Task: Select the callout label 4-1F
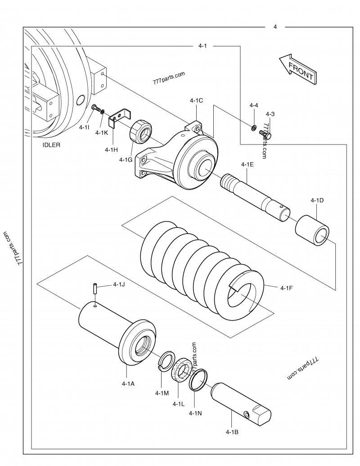[287, 288]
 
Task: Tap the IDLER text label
[51, 145]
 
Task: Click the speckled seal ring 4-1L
[184, 368]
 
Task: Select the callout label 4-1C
[196, 100]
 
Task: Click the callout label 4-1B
[232, 432]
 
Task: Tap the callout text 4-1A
[128, 384]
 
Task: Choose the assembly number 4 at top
[275, 27]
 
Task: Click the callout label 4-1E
[247, 165]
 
